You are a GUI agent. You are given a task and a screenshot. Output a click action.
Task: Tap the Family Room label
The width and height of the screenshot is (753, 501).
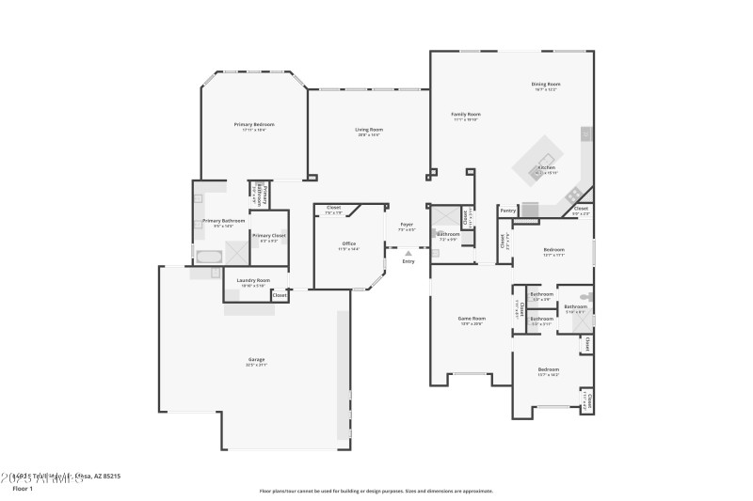pyautogui.click(x=466, y=115)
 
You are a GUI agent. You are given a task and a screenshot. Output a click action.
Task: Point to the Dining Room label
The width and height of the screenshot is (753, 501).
pyautogui.click(x=546, y=84)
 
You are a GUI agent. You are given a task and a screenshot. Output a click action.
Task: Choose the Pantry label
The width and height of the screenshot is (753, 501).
pyautogui.click(x=508, y=211)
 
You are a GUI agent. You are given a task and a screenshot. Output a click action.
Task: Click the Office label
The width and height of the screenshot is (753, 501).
pyautogui.click(x=348, y=243)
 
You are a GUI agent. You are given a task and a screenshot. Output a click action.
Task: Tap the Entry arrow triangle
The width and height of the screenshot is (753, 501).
pyautogui.click(x=408, y=253)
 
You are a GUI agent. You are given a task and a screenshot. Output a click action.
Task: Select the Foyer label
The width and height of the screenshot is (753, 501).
pyautogui.click(x=407, y=225)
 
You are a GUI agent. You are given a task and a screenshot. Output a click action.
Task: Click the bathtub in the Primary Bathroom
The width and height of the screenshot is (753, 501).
pyautogui.click(x=208, y=256)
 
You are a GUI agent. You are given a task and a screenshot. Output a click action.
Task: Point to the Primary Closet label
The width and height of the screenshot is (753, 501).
pyautogui.click(x=268, y=235)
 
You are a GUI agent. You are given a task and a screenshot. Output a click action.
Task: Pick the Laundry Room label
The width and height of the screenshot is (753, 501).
pyautogui.click(x=253, y=280)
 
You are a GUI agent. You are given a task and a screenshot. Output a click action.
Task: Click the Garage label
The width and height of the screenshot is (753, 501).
pyautogui.click(x=256, y=359)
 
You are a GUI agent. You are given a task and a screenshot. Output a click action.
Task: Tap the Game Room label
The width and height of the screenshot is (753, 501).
pyautogui.click(x=471, y=319)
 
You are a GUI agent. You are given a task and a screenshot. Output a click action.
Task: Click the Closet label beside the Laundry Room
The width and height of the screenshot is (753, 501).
pyautogui.click(x=280, y=295)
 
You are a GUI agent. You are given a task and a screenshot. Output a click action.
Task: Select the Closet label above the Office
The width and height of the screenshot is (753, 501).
pyautogui.click(x=333, y=208)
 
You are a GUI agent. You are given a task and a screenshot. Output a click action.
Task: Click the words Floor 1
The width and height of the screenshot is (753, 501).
pyautogui.click(x=22, y=489)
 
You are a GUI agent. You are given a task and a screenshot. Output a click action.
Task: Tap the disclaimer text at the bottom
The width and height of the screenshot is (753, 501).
pyautogui.click(x=376, y=490)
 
